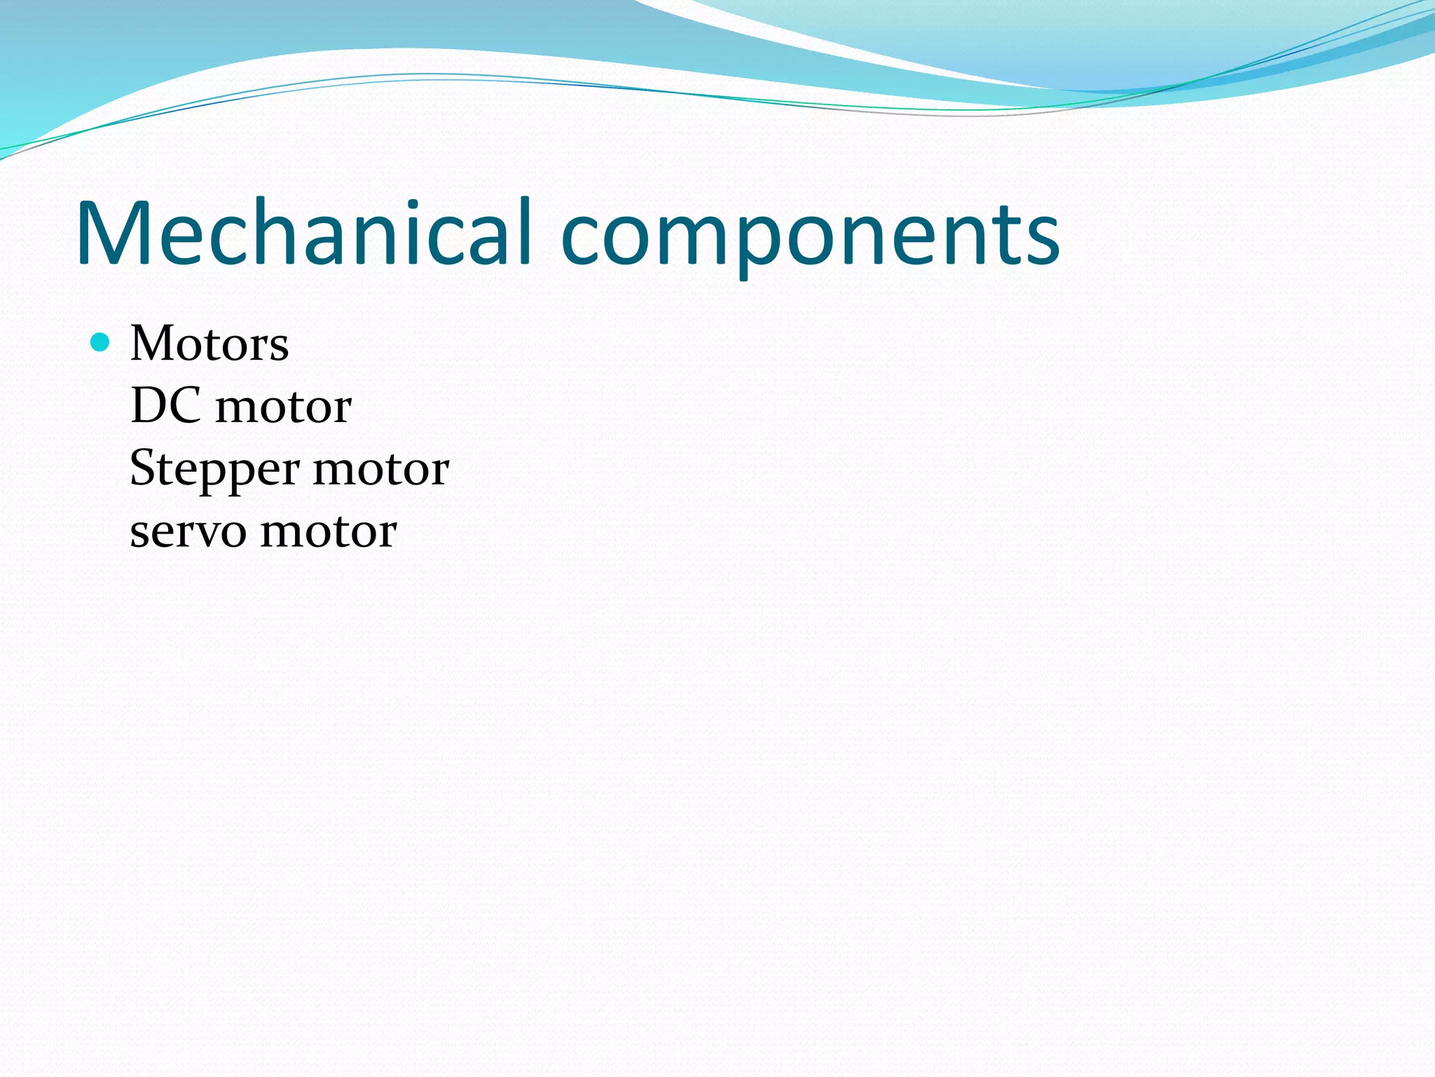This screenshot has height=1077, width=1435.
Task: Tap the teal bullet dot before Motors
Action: [x=101, y=342]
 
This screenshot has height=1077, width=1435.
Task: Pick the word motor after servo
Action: [x=329, y=531]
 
